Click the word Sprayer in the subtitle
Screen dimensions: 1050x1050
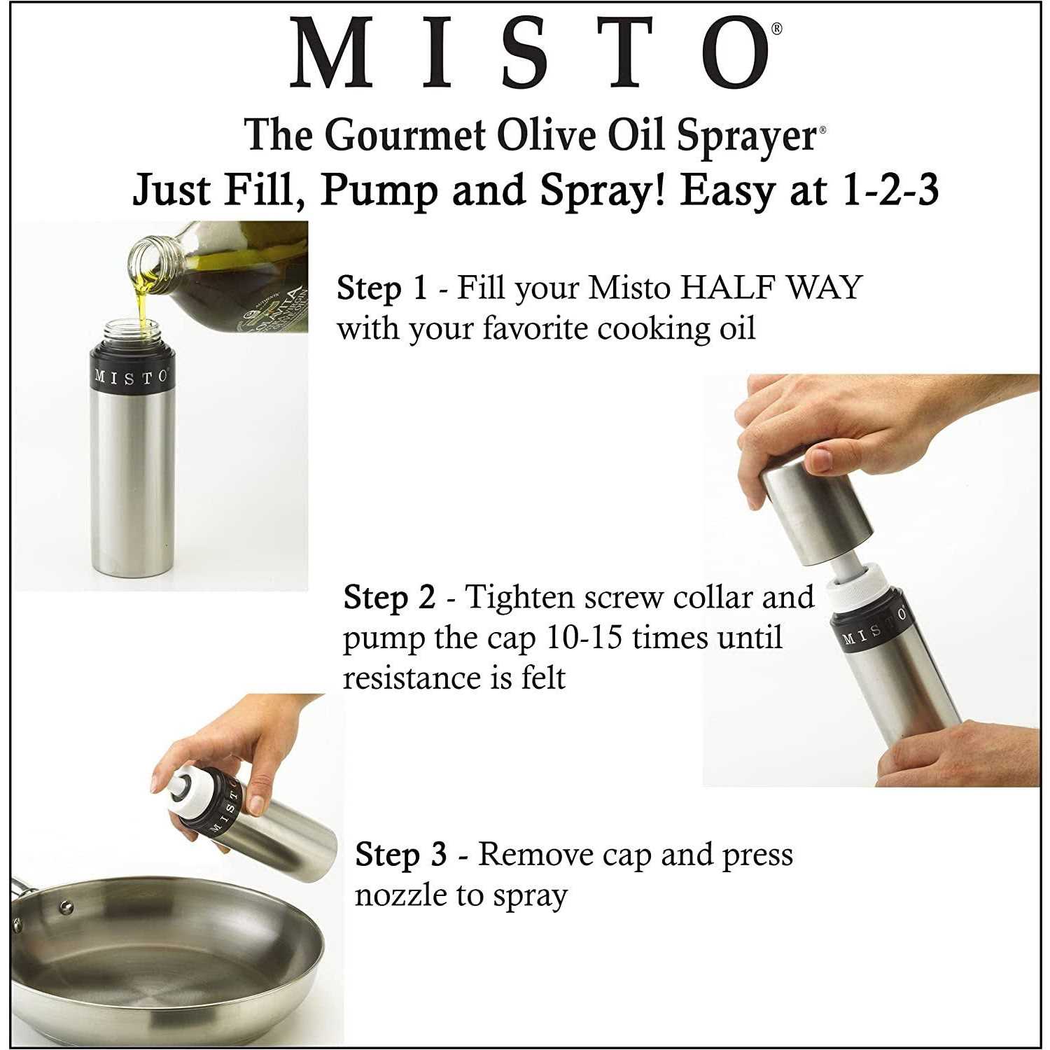click(747, 136)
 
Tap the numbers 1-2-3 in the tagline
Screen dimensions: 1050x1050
click(890, 190)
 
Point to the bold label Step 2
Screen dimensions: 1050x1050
click(389, 597)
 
